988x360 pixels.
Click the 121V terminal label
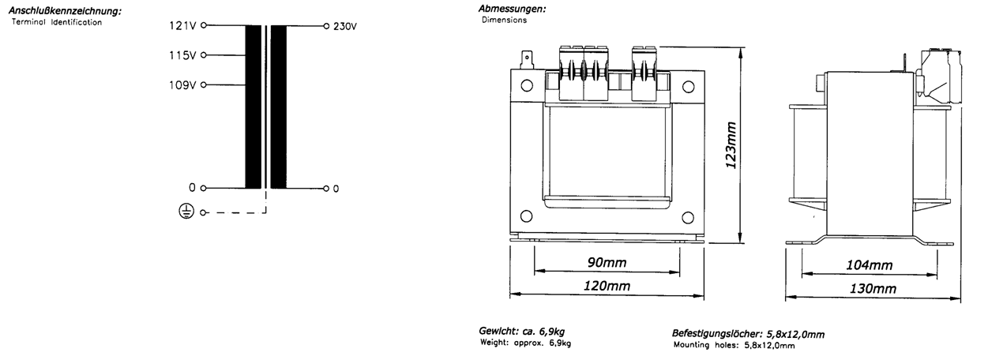click(x=182, y=25)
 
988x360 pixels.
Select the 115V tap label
click(x=182, y=55)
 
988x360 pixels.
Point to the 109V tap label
click(x=182, y=84)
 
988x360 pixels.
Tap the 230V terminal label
click(x=345, y=27)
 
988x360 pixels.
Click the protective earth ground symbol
click(x=186, y=212)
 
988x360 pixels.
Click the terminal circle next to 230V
click(x=326, y=26)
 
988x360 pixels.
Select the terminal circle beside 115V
click(x=203, y=55)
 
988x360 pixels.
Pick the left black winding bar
click(x=254, y=107)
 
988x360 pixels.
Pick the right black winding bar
click(x=278, y=107)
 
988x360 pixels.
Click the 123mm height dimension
click(x=731, y=145)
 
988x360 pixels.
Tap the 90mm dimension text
click(x=607, y=262)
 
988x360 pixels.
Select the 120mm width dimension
click(x=607, y=286)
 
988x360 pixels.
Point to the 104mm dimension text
click(x=870, y=265)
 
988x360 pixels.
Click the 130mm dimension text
click(x=873, y=289)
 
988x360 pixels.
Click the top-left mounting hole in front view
click(x=527, y=85)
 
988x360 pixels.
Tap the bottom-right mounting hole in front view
click(x=688, y=218)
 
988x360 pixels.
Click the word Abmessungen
click(x=512, y=9)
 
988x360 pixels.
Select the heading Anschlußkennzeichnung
click(x=65, y=11)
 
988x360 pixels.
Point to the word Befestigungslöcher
click(x=717, y=334)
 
